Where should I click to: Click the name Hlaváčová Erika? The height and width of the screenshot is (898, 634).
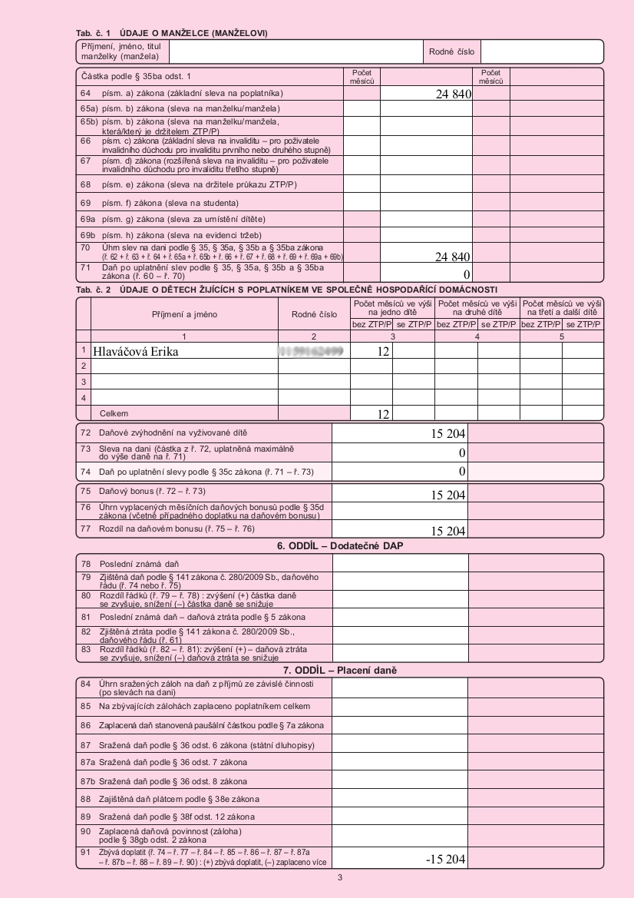click(x=140, y=352)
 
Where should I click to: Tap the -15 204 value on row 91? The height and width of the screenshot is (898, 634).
click(x=445, y=859)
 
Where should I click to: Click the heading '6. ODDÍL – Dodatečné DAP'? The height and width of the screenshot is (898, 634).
click(x=340, y=545)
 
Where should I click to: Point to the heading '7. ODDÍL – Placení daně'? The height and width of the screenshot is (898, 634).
click(x=340, y=671)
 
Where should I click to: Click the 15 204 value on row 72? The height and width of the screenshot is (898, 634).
click(x=448, y=434)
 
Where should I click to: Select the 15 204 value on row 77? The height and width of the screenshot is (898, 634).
click(x=448, y=531)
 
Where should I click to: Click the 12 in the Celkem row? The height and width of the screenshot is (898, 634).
click(x=381, y=414)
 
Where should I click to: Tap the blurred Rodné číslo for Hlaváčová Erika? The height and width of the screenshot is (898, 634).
click(x=311, y=352)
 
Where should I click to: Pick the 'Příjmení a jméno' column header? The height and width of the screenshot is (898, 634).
click(x=184, y=314)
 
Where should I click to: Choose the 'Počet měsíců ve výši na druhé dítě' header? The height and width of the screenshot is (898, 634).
click(x=477, y=309)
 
